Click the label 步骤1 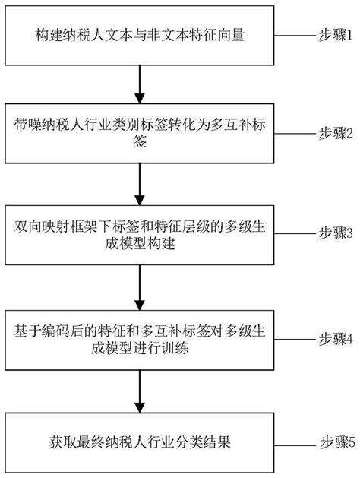point(336,36)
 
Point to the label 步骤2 point(336,131)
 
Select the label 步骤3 point(336,233)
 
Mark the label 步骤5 point(336,441)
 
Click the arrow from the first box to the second point(139,84)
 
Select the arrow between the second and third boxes point(139,183)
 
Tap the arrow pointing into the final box point(139,390)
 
